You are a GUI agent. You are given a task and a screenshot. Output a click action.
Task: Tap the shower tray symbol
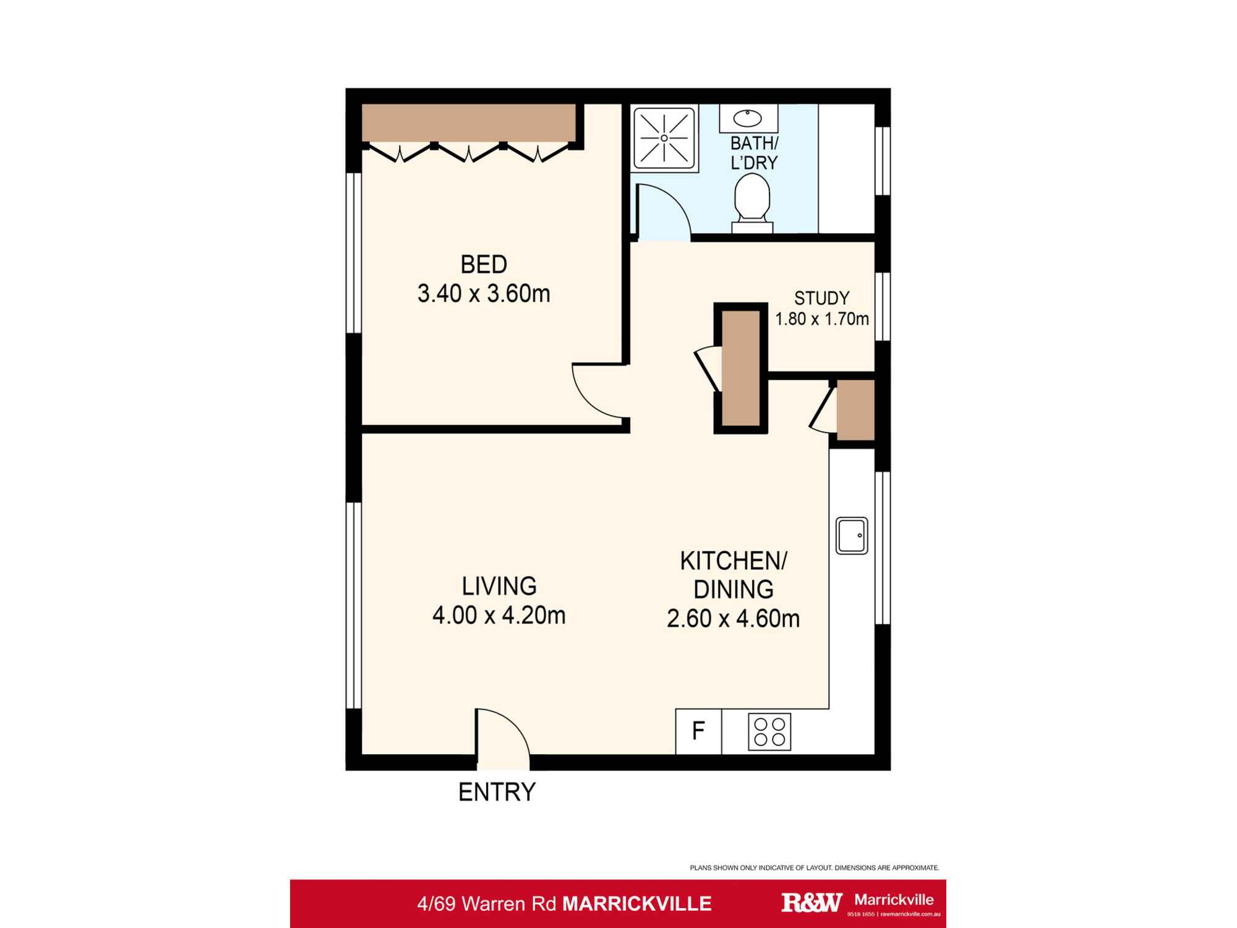(x=664, y=138)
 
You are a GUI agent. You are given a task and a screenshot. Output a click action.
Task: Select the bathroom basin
(x=748, y=118)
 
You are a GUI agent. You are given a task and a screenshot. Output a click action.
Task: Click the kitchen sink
(x=852, y=535)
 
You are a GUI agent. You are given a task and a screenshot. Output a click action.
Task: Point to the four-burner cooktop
(x=769, y=732)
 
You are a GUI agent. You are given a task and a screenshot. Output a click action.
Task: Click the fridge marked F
(x=698, y=732)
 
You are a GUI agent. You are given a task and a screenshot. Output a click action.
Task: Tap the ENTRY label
(x=497, y=793)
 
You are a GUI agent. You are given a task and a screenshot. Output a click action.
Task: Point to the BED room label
(x=484, y=265)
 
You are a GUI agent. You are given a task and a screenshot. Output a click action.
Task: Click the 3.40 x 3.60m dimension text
(x=484, y=294)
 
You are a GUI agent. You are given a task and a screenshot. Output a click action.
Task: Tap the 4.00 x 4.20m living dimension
(x=499, y=616)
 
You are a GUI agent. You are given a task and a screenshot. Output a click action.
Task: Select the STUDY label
(x=821, y=299)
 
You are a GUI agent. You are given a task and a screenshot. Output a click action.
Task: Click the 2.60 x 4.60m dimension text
(x=733, y=619)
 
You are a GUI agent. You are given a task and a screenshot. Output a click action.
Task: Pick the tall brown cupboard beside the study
(x=740, y=368)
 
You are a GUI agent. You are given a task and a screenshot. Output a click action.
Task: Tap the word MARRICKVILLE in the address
(x=636, y=904)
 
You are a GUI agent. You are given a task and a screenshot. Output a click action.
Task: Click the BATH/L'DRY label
(x=754, y=153)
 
